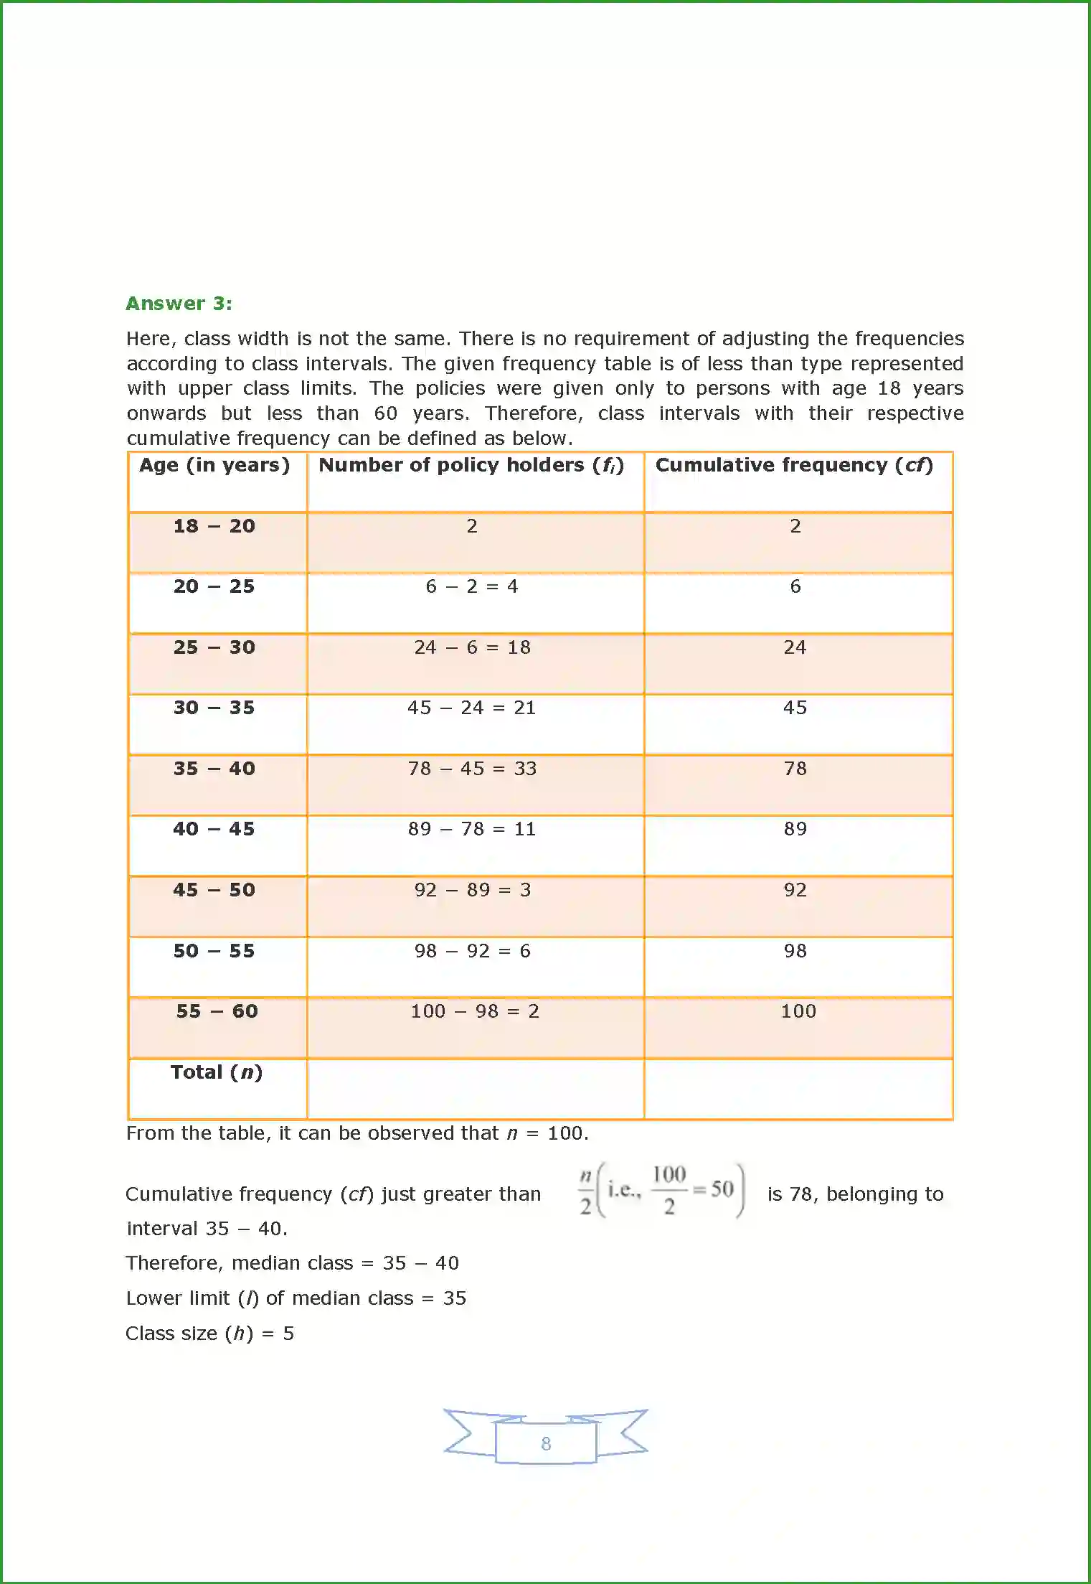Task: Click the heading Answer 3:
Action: pos(179,304)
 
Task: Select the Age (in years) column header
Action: pos(214,465)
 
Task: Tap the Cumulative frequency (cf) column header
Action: pos(794,465)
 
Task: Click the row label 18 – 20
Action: pos(214,526)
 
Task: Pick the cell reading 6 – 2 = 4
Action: pos(471,586)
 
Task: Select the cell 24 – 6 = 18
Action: pos(472,647)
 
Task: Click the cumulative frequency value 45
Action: pos(795,708)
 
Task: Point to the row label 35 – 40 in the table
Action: pos(214,769)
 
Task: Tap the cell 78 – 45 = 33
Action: pos(472,769)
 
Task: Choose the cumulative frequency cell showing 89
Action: pos(795,829)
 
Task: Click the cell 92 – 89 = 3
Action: pos(472,890)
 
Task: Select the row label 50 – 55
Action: pos(214,951)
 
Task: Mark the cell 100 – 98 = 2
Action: pos(474,1011)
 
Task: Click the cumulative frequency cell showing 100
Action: pos(798,1011)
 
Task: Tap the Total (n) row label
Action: pos(216,1072)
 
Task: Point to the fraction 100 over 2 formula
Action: pos(669,1191)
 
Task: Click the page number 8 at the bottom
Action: pos(546,1443)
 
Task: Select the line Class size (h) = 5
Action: pos(209,1334)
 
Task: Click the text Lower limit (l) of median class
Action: pos(270,1298)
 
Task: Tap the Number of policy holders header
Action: pos(471,465)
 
